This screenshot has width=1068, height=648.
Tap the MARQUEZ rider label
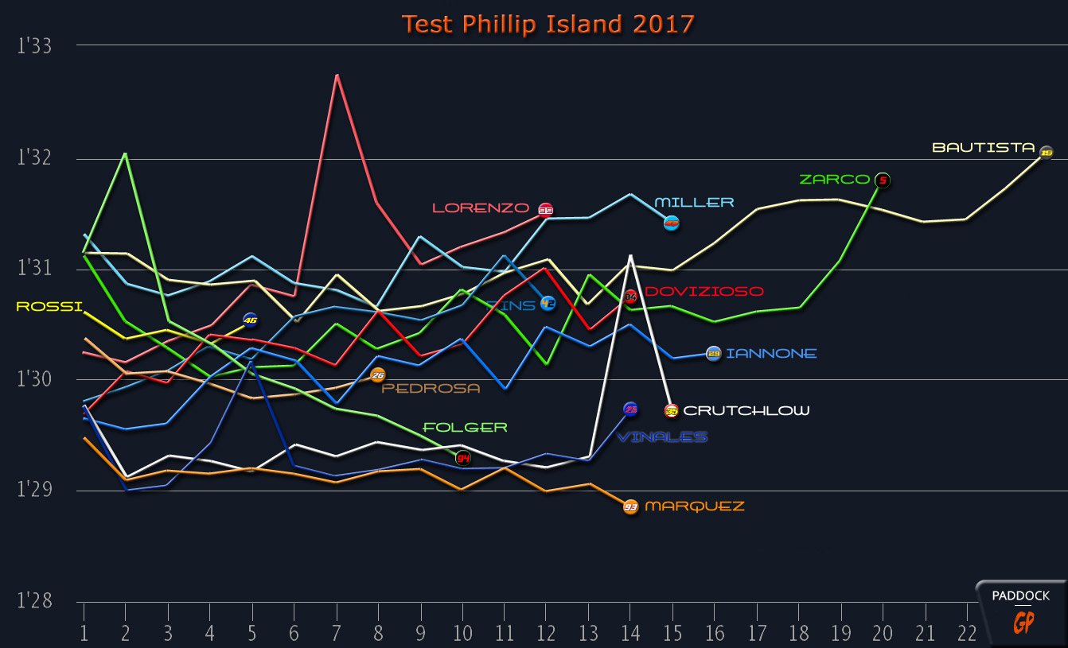tap(694, 506)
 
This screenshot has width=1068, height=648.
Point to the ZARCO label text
tap(834, 180)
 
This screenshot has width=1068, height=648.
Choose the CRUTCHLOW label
tap(746, 411)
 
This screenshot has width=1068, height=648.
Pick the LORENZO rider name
tap(480, 208)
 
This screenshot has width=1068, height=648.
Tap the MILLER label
tap(694, 203)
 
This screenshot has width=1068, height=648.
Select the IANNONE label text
tap(770, 354)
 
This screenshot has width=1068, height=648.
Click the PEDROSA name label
tap(431, 389)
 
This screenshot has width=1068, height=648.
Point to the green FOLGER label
tap(465, 428)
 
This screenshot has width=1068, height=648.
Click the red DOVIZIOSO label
tap(704, 293)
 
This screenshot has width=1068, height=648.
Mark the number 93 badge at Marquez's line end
tap(630, 506)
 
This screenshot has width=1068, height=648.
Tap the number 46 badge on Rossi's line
tap(250, 320)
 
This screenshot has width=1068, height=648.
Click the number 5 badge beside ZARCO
tap(882, 180)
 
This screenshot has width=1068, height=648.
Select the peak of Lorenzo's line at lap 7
tap(337, 75)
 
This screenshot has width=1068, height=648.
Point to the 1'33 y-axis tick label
tap(34, 46)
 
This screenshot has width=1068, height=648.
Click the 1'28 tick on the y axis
tap(34, 602)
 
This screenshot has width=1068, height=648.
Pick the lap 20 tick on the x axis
tap(881, 634)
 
